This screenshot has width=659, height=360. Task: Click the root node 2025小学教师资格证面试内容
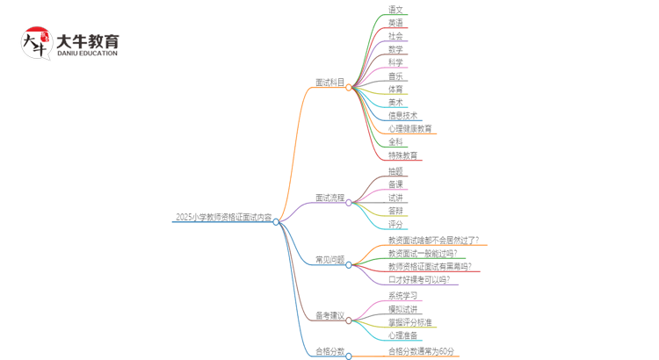pyautogui.click(x=223, y=218)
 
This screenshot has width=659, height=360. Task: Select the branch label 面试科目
pyautogui.click(x=329, y=83)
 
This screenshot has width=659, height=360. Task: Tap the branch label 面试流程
pyautogui.click(x=329, y=198)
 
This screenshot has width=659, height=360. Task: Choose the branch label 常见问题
pyautogui.click(x=329, y=261)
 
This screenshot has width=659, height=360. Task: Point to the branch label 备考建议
pyautogui.click(x=329, y=316)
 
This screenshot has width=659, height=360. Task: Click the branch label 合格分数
pyautogui.click(x=329, y=352)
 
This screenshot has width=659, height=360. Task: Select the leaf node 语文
pyautogui.click(x=395, y=10)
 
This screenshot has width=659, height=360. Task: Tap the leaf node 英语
pyautogui.click(x=395, y=23)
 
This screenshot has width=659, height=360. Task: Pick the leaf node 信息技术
pyautogui.click(x=402, y=116)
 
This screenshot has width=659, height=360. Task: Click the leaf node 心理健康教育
pyautogui.click(x=409, y=129)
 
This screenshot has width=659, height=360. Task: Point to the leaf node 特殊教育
pyautogui.click(x=402, y=156)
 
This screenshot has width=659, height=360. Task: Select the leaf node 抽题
pyautogui.click(x=395, y=171)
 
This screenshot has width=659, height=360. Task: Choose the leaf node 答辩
pyautogui.click(x=395, y=212)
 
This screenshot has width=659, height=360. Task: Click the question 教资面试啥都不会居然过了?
pyautogui.click(x=433, y=240)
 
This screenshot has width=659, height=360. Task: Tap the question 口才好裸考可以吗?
pyautogui.click(x=418, y=280)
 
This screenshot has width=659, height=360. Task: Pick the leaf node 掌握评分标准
pyautogui.click(x=409, y=322)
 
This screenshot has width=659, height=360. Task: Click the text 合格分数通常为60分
pyautogui.click(x=422, y=352)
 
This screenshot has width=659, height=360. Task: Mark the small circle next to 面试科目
pyautogui.click(x=349, y=88)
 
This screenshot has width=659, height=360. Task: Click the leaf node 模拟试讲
pyautogui.click(x=402, y=309)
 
